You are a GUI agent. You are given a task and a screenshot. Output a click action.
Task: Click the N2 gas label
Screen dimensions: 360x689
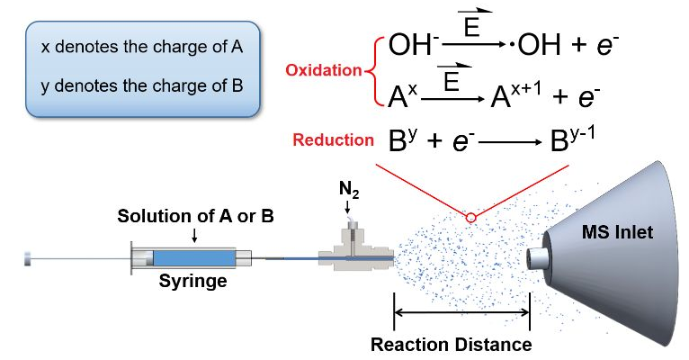tap(347, 191)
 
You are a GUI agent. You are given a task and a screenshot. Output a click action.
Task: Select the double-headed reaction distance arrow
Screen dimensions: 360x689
tap(461, 313)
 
